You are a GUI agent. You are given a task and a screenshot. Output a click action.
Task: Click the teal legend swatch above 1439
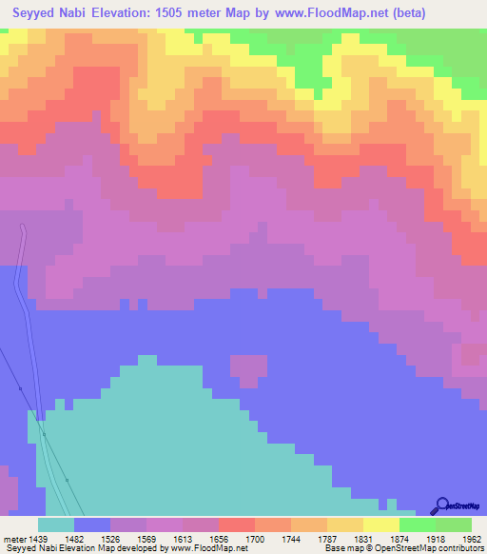click(56, 524)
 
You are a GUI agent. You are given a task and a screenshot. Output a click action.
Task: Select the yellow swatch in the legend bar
click(381, 524)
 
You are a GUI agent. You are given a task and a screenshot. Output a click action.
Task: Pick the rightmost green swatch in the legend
click(454, 524)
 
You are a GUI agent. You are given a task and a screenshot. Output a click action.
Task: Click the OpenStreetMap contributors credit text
click(419, 549)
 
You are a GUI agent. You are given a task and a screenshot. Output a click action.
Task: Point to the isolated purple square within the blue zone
click(248, 372)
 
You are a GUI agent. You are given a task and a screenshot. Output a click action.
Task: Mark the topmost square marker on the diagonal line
click(20, 388)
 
